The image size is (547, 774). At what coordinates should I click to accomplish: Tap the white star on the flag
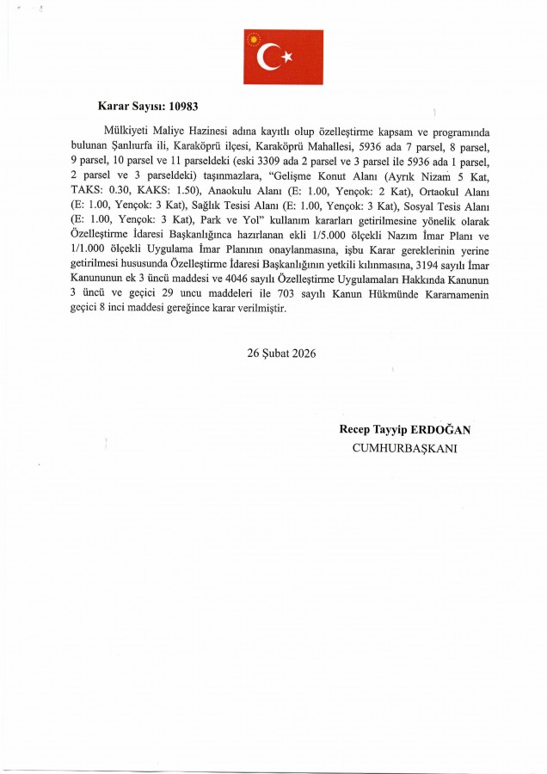tap(288, 58)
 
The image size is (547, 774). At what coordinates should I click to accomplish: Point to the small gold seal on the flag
tap(253, 38)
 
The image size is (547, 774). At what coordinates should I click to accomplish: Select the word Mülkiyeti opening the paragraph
tap(126, 132)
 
